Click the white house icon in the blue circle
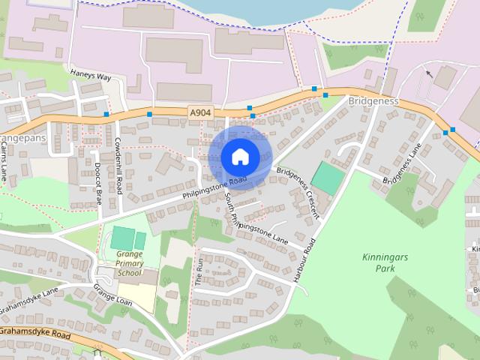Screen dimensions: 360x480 coord(239,157)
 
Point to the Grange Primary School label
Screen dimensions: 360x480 coord(129,263)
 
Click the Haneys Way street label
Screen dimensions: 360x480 coord(91,76)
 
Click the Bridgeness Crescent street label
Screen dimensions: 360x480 coord(297,192)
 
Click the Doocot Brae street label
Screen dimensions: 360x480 coord(98,184)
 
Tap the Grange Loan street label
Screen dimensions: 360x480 coord(112,293)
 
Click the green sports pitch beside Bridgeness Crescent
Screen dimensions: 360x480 coord(328,178)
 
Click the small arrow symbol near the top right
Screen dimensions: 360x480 coord(428,73)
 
